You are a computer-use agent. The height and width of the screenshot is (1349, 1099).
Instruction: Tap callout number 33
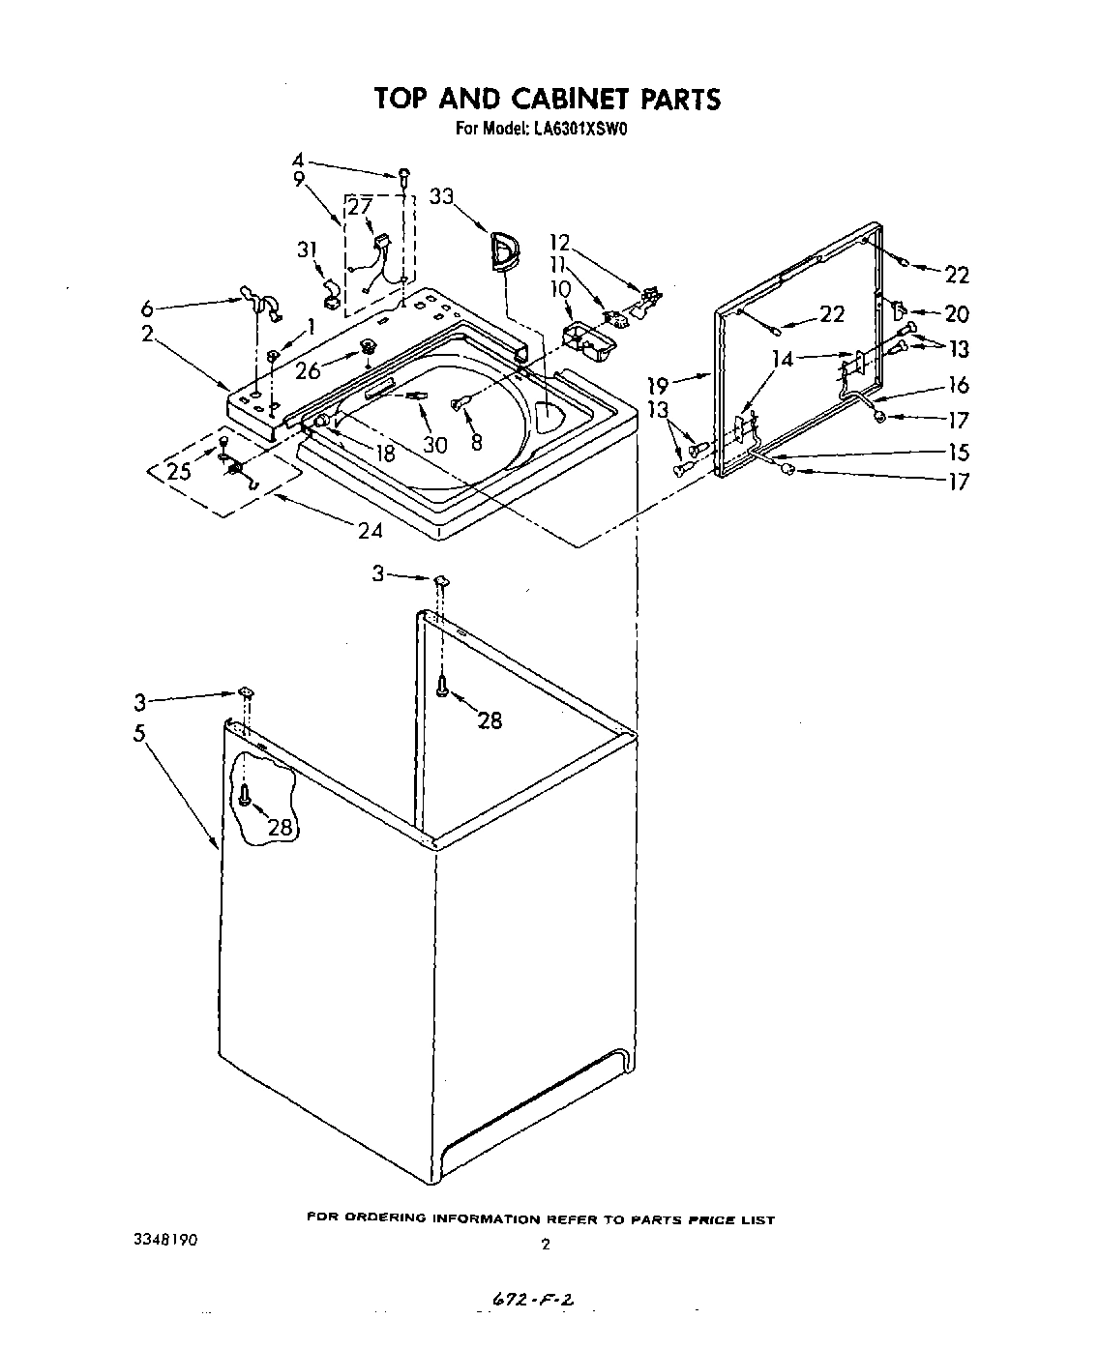point(441,197)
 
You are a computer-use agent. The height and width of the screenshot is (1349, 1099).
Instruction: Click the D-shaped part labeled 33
point(504,249)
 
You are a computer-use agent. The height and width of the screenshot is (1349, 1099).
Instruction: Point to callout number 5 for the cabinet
point(140,733)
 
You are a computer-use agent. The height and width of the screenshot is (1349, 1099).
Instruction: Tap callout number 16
point(958,385)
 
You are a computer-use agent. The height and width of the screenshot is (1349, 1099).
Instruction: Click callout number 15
point(958,452)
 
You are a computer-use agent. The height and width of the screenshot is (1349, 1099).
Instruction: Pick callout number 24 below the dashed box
point(370,529)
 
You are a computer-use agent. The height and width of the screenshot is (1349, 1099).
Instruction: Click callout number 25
point(178,471)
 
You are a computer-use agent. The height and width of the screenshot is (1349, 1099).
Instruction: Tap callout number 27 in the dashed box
point(360,206)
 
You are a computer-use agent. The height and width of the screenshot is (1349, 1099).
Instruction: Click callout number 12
point(560,242)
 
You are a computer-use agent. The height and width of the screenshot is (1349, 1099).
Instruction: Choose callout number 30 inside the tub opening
point(435,444)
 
